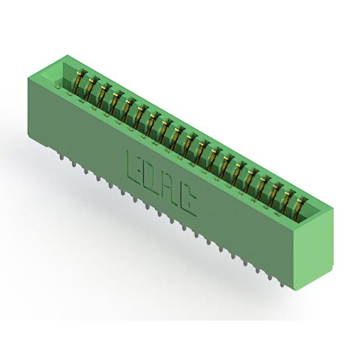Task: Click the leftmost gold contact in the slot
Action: point(78,82)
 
